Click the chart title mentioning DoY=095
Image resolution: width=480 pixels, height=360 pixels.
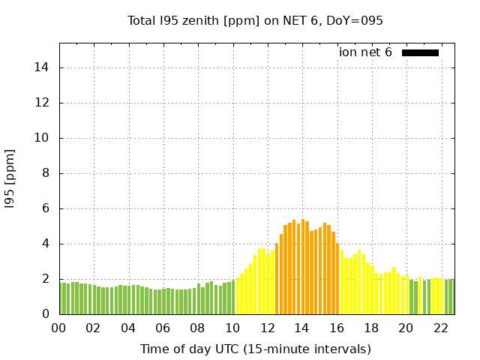tap(255, 21)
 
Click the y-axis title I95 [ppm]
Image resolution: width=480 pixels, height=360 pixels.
tap(10, 178)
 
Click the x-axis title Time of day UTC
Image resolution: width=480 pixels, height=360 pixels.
tap(255, 349)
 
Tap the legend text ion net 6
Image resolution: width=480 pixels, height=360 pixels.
tap(365, 52)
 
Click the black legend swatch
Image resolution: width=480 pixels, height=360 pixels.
tap(420, 52)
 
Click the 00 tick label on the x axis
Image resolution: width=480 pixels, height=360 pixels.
tap(59, 328)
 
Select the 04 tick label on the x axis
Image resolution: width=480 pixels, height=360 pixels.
tap(128, 328)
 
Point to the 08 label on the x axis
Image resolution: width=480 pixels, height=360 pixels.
tap(197, 328)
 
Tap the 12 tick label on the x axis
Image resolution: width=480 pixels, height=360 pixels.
tap(267, 328)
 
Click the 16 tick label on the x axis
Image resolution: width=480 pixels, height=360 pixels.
tap(336, 328)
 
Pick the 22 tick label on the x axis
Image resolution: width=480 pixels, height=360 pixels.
tap(440, 328)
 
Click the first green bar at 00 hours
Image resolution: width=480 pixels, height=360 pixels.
tap(61, 298)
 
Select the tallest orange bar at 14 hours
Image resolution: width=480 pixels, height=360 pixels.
tap(303, 267)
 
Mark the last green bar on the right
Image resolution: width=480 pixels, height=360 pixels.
tap(453, 297)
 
